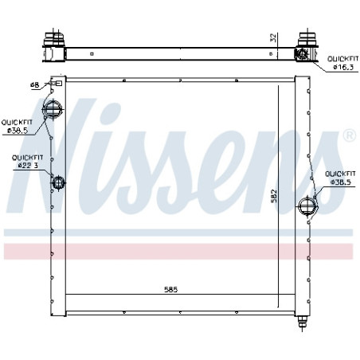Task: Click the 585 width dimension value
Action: (170, 289)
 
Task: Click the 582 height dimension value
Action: (274, 196)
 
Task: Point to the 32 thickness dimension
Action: (273, 37)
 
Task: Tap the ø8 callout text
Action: (34, 84)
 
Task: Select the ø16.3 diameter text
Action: (343, 67)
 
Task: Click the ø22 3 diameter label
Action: (28, 166)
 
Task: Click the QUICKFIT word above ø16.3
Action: (343, 59)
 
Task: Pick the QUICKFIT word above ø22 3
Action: (27, 158)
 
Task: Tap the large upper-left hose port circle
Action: (53, 109)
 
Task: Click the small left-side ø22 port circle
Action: (58, 183)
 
